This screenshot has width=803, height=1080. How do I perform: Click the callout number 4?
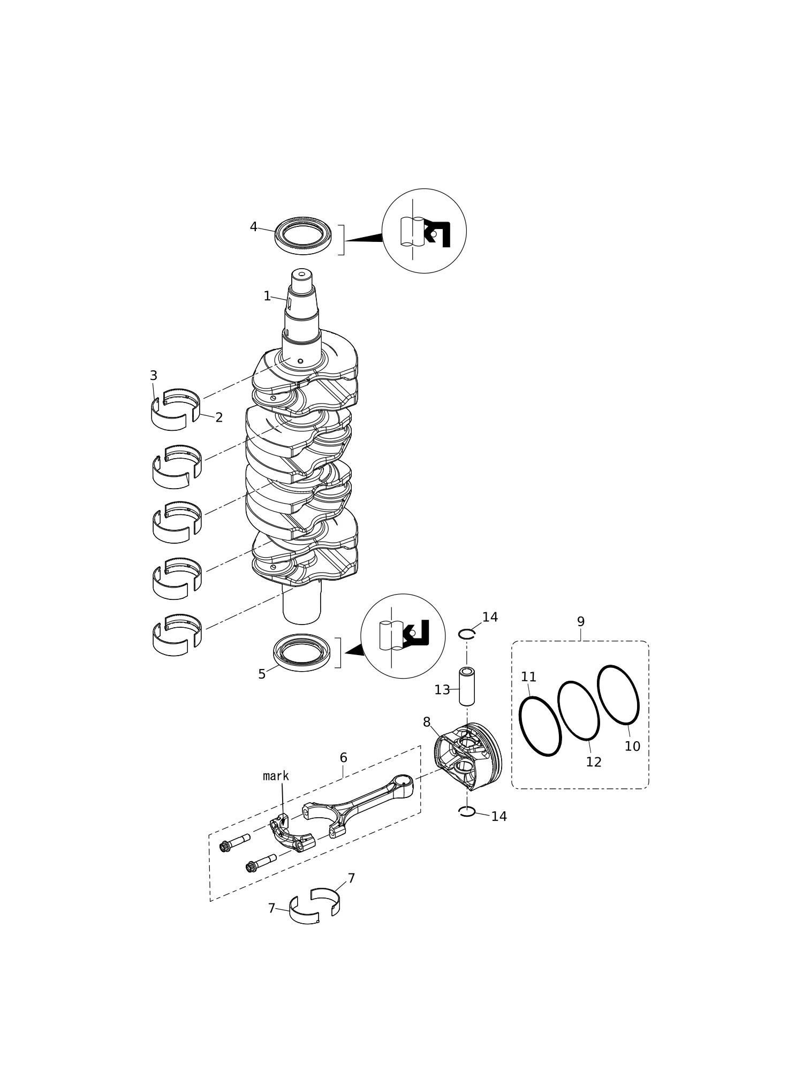tap(254, 227)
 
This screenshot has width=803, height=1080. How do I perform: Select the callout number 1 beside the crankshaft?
tap(267, 296)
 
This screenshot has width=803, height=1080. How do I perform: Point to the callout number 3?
tap(154, 376)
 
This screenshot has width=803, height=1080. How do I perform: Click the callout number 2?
tap(219, 417)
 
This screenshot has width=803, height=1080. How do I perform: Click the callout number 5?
tap(262, 674)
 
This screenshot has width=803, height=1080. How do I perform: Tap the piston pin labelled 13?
tap(467, 686)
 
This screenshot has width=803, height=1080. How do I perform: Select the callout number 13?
tap(442, 690)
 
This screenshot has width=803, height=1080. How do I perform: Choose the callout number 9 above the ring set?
tap(581, 622)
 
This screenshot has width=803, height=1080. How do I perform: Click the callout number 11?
tap(529, 677)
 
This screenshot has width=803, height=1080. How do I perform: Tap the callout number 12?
tap(594, 762)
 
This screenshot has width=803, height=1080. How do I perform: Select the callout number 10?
tap(632, 747)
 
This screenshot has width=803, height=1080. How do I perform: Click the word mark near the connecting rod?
tap(276, 776)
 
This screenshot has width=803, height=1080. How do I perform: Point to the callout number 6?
tap(344, 758)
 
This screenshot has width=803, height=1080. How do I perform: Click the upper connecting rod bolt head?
tap(225, 847)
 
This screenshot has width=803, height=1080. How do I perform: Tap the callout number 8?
tap(427, 722)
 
